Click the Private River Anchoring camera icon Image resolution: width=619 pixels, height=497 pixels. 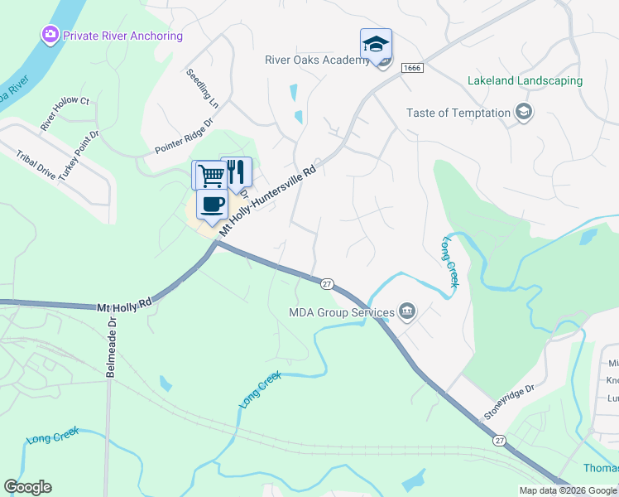50,35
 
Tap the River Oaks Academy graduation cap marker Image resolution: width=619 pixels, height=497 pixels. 376,44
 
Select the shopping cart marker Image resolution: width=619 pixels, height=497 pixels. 210,175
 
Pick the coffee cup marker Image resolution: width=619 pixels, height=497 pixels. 212,205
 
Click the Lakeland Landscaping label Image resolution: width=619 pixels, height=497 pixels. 525,81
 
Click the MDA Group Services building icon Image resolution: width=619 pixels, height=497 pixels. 407,311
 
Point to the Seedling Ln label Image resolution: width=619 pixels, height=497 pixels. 203,88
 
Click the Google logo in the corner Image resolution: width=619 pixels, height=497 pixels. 27,487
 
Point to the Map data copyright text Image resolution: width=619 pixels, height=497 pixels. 568,490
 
